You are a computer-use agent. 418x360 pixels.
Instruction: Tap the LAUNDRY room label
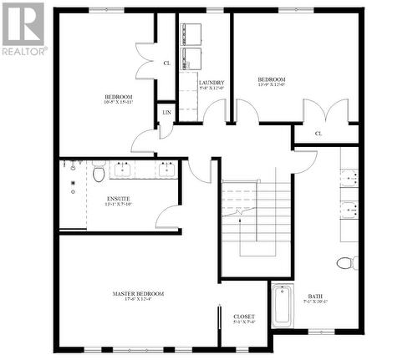pos(212,82)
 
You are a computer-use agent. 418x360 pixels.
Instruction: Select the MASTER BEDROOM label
pos(138,294)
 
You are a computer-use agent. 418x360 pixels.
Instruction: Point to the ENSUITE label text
pos(120,197)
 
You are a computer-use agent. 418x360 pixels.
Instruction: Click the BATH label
pos(315,296)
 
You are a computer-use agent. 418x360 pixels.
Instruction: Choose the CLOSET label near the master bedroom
pos(244,317)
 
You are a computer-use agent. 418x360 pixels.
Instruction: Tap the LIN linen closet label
pos(166,112)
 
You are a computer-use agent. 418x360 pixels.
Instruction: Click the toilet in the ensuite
pos(99,174)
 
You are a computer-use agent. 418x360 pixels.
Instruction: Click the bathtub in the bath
pos(282,308)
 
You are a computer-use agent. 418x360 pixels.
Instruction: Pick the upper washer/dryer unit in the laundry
pos(192,32)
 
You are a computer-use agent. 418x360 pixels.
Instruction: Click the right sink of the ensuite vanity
pos(166,170)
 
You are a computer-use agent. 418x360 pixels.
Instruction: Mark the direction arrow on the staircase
pos(241,213)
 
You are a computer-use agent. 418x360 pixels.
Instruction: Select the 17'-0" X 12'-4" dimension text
pos(138,302)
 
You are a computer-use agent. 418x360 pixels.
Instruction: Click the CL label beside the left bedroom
pos(166,63)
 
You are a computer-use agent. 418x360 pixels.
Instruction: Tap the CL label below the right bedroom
pos(319,134)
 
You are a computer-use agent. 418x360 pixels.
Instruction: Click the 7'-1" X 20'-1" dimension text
pos(315,303)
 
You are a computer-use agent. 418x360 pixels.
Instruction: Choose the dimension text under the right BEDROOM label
pos(272,84)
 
